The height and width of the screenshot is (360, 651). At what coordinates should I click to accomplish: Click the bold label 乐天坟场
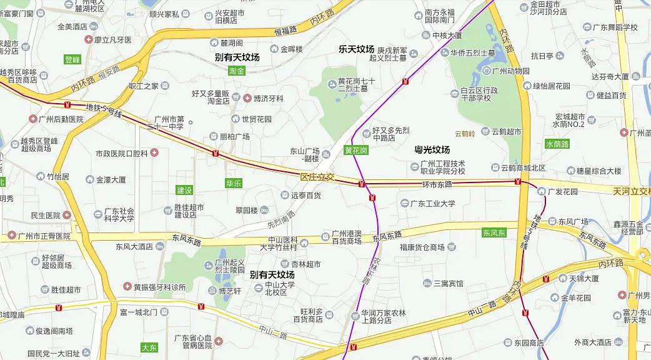(x=356, y=49)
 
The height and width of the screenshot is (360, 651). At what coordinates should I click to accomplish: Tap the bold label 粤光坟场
(x=432, y=150)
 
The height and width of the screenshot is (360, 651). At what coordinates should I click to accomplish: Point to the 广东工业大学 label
(x=433, y=203)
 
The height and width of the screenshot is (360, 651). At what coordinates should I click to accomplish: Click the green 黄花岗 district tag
(x=355, y=151)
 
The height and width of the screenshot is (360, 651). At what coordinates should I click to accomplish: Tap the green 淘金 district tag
(x=237, y=71)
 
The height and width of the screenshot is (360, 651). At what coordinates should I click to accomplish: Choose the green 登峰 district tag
(x=73, y=60)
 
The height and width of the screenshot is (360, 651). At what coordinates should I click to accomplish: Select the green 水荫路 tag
(x=557, y=144)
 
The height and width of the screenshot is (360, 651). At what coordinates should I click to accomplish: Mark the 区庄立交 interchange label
(x=317, y=179)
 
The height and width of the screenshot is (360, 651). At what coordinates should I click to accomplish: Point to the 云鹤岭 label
(x=465, y=133)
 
